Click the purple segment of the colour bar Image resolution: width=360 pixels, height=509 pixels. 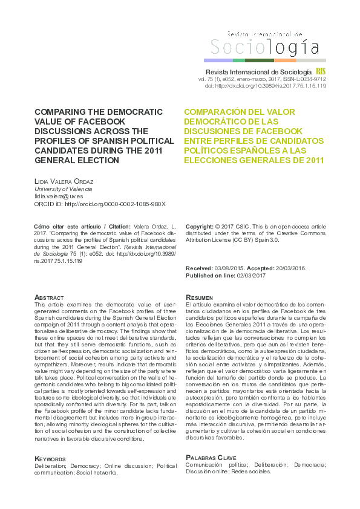(218, 60)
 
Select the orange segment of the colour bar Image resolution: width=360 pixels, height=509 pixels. (285, 60)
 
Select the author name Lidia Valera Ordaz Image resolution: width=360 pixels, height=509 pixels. (68, 181)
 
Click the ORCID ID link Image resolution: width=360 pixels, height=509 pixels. (100, 204)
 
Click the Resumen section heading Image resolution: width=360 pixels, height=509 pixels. (200, 298)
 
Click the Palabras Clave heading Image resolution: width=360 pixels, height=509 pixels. (211, 458)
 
